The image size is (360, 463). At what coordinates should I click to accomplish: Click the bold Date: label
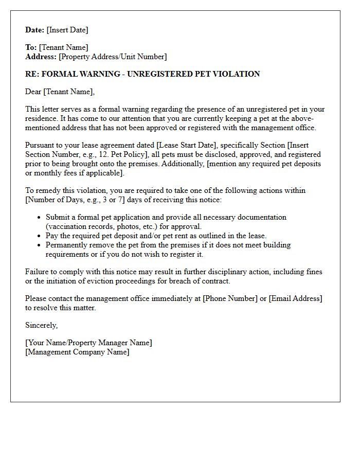click(x=35, y=30)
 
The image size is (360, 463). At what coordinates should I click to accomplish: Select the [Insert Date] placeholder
click(x=67, y=30)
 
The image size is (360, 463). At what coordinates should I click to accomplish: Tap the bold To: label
click(x=31, y=47)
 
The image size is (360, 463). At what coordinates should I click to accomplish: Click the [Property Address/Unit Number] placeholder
click(x=113, y=57)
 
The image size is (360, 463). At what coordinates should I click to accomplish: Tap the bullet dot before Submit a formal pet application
click(x=39, y=218)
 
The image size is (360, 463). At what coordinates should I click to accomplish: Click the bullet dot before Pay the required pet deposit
click(x=39, y=236)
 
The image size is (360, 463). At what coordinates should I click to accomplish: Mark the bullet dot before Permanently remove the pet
click(x=39, y=245)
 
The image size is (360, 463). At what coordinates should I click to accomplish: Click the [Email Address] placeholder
click(x=295, y=298)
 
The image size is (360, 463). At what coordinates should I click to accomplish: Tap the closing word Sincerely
click(x=41, y=325)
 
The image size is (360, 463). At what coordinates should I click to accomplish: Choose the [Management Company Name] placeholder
click(x=77, y=352)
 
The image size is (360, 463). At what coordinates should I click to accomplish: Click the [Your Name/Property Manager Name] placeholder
click(x=88, y=343)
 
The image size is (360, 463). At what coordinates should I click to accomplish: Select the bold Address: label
click(x=41, y=57)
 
